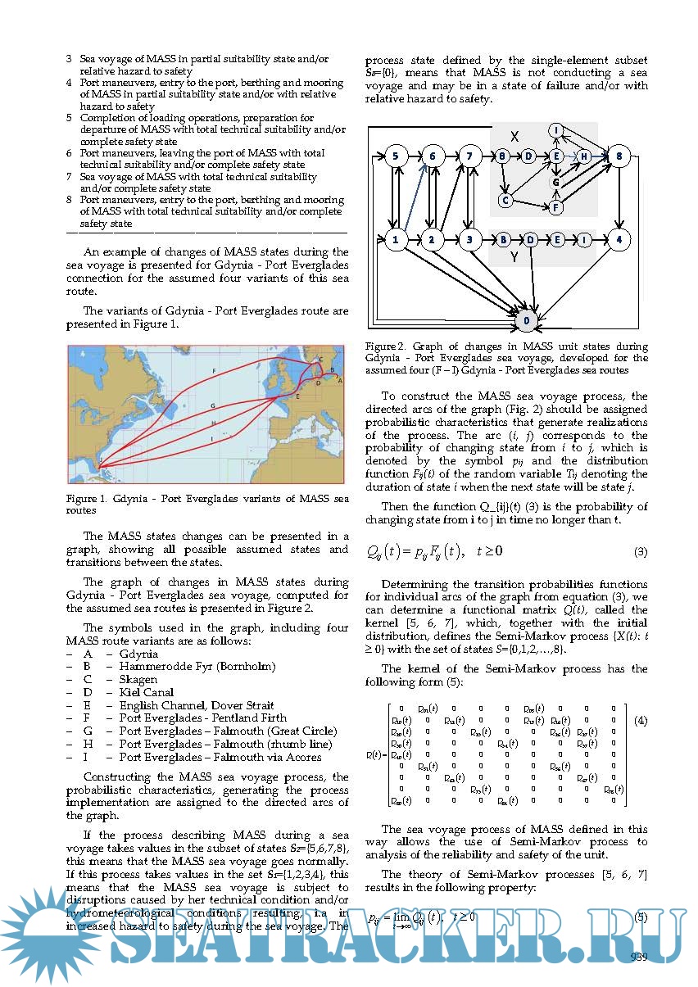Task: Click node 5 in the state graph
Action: [395, 156]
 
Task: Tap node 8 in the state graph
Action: [619, 156]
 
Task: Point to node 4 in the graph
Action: [619, 239]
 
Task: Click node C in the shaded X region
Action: [506, 199]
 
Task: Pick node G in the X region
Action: [556, 182]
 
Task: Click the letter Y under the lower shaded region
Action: [514, 257]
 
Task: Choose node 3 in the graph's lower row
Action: [469, 239]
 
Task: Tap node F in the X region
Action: [556, 206]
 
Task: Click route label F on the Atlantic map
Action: [215, 372]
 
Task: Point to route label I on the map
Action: [212, 439]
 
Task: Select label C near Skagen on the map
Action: [320, 360]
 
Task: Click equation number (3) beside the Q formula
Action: [641, 551]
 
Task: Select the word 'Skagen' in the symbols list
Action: [138, 679]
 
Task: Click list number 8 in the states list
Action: [70, 200]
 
